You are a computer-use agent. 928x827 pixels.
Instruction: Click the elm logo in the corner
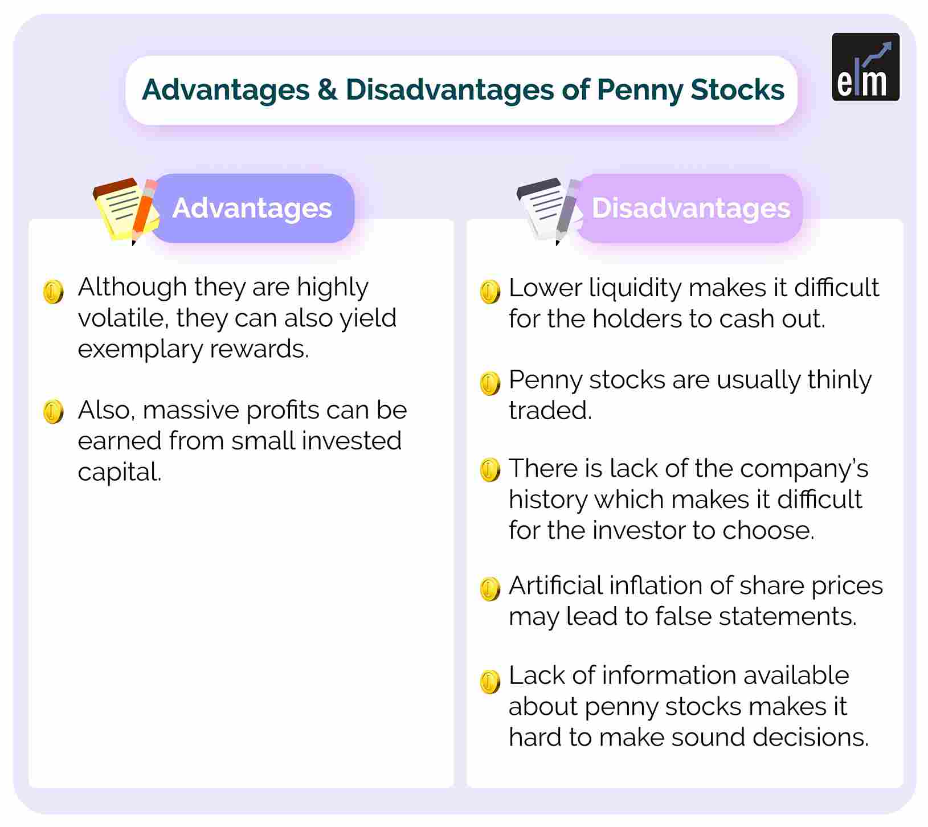pyautogui.click(x=865, y=67)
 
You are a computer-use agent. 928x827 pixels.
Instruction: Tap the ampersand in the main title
pyautogui.click(x=327, y=89)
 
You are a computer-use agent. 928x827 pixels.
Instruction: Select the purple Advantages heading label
pyautogui.click(x=252, y=208)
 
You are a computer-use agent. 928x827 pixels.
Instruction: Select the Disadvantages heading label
pyautogui.click(x=690, y=208)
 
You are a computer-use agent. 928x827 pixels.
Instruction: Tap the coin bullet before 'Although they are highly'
pyautogui.click(x=53, y=292)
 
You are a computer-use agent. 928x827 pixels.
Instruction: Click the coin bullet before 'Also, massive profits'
pyautogui.click(x=53, y=411)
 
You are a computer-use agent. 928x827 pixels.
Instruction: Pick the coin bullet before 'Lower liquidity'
pyautogui.click(x=490, y=292)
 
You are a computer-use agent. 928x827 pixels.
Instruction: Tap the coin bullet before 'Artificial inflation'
pyautogui.click(x=490, y=589)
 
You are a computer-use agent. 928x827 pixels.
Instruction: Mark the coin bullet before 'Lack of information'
pyautogui.click(x=490, y=681)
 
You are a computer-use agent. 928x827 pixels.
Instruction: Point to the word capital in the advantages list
pyautogui.click(x=120, y=472)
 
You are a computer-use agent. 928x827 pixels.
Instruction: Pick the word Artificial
pyautogui.click(x=554, y=586)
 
